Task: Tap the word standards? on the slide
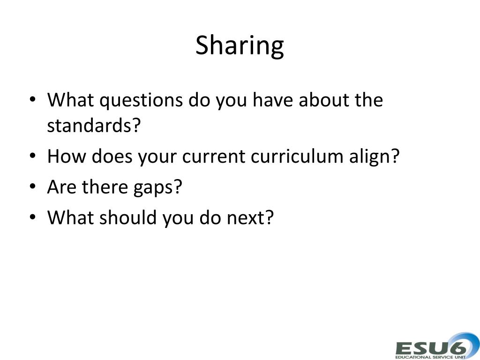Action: (x=94, y=126)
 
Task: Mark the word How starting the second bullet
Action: (x=67, y=157)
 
